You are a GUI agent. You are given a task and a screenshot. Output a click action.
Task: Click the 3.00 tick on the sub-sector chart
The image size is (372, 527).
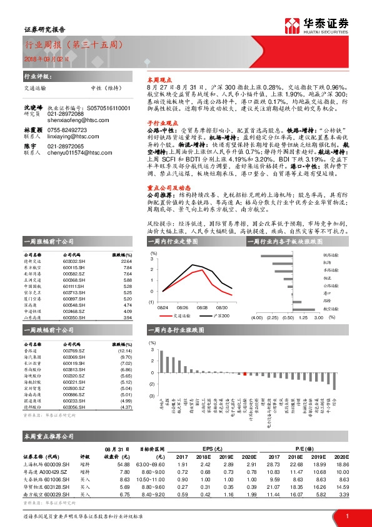pos(318,317)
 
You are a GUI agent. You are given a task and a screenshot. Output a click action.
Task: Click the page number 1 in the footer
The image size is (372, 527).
pos(346,516)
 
